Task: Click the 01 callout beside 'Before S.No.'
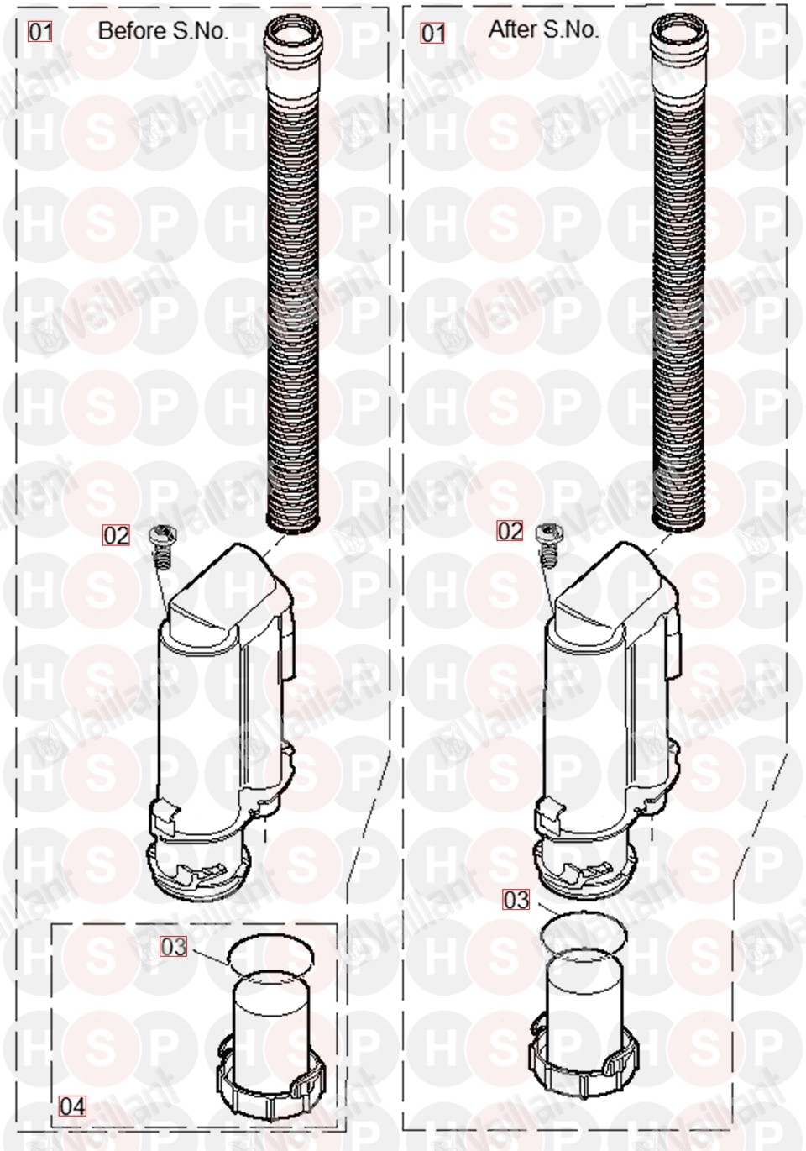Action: tap(40, 32)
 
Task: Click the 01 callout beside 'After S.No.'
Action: tap(432, 34)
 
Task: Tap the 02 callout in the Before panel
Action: tap(116, 535)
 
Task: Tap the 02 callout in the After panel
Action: tap(510, 531)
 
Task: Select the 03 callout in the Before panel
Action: tap(174, 947)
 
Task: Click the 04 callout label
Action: tap(72, 1106)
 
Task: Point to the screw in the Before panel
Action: tap(163, 547)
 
